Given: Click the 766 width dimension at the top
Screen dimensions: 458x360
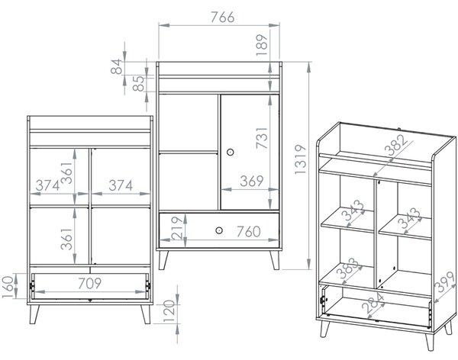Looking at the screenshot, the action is tap(223, 18).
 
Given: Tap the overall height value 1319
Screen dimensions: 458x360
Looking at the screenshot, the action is tap(301, 159).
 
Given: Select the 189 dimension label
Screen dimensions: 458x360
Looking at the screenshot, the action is tap(262, 45).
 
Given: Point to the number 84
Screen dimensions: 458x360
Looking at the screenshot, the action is tap(117, 66).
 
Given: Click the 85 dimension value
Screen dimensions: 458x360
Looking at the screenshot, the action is tap(139, 83).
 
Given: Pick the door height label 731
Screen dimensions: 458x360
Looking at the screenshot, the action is tap(262, 138).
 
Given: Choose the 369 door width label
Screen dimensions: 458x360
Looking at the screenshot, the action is tap(252, 181).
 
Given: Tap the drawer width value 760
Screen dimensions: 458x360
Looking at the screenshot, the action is tap(249, 232).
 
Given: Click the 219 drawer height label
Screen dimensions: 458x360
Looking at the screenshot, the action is tap(177, 228).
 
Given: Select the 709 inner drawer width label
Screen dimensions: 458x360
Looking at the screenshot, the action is tap(90, 283).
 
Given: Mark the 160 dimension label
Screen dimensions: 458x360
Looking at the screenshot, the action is tap(8, 287).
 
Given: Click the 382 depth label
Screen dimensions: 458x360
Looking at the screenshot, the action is tap(395, 146).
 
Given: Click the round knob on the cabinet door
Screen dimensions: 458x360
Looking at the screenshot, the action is tap(231, 152).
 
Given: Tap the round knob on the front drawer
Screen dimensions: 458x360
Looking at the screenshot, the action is tap(219, 230).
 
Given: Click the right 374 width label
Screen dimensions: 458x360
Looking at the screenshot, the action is tap(121, 185).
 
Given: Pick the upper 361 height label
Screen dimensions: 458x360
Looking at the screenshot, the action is tap(66, 173).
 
